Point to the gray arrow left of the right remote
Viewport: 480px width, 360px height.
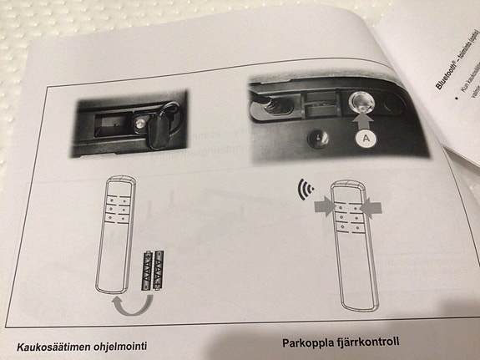(321, 205)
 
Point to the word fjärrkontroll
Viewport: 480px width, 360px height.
(368, 341)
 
